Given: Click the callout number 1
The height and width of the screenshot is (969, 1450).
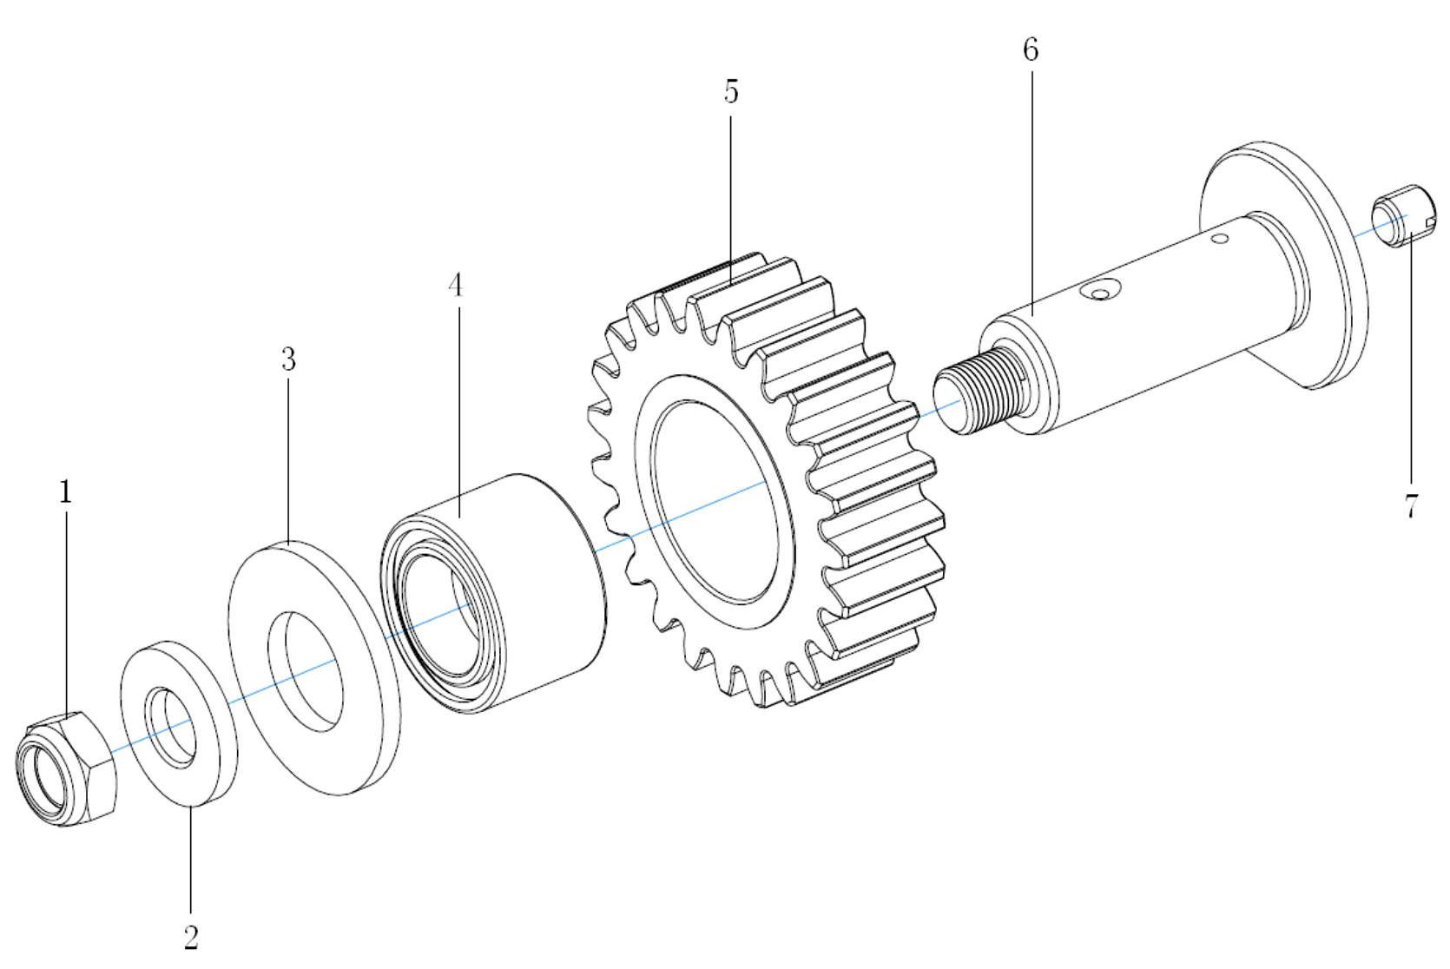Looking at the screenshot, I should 65,493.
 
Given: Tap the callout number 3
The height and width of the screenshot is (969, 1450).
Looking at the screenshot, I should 288,359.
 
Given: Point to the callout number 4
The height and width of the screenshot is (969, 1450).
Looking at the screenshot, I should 456,285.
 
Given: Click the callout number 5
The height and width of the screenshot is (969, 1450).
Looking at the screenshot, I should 731,91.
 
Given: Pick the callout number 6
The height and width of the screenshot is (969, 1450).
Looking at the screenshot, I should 1031,50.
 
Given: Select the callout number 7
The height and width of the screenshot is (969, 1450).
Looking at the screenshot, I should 1411,505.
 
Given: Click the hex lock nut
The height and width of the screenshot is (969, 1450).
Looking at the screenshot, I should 66,768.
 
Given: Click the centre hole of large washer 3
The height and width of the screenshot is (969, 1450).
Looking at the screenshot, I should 304,669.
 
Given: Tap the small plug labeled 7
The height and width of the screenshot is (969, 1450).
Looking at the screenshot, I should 1401,217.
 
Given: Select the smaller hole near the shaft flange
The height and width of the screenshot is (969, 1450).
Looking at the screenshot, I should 1220,237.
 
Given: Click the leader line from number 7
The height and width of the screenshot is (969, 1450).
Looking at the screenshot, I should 1410,365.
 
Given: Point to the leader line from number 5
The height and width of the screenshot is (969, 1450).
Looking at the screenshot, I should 731,191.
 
